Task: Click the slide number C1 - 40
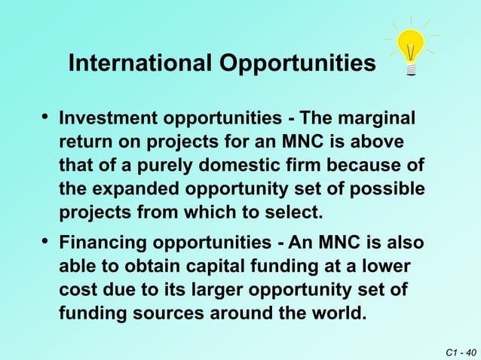(x=461, y=351)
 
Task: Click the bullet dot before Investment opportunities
(x=47, y=117)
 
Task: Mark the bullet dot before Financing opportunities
(x=47, y=242)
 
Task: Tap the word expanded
(x=130, y=189)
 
